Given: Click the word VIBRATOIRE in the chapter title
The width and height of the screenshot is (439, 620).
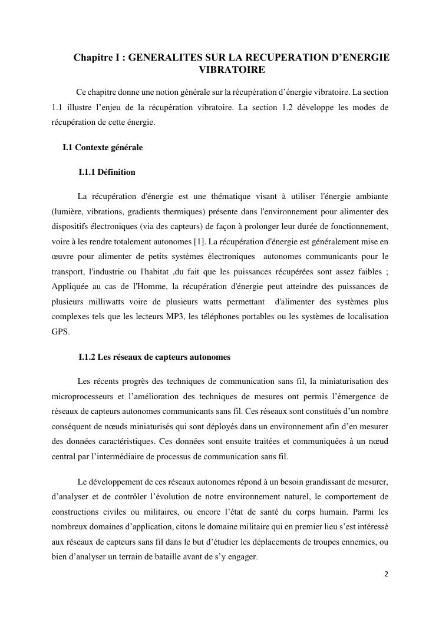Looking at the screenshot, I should [x=231, y=70].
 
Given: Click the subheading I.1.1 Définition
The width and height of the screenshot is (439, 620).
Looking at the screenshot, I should [x=107, y=173].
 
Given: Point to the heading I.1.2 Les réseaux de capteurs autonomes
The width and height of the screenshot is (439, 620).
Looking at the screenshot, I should [x=154, y=357].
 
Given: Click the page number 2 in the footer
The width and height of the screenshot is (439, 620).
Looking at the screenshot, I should [x=387, y=573].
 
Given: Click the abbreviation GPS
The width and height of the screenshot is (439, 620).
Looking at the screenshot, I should [x=60, y=331].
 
